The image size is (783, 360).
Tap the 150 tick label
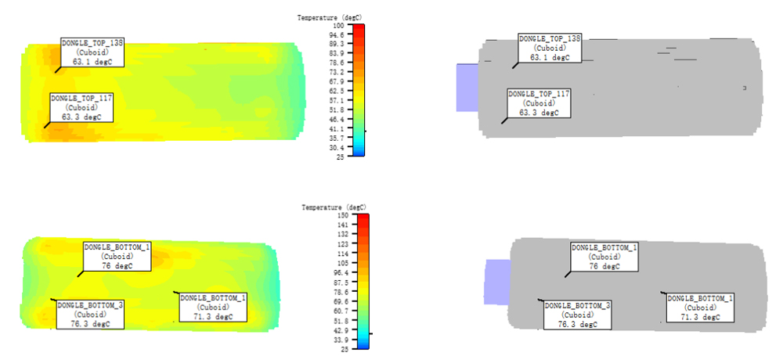(345, 215)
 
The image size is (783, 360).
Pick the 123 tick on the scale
(345, 243)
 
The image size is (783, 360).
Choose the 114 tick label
(345, 253)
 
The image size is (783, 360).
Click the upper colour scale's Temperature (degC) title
(330, 18)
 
